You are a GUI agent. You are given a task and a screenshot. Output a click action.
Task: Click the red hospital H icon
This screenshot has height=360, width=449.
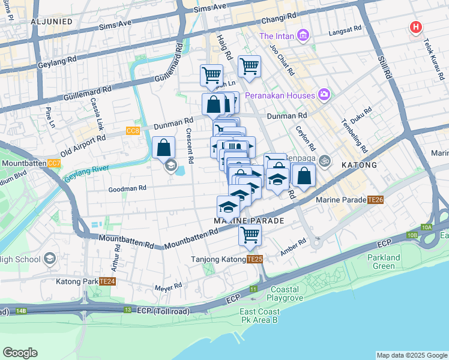[x=415, y=27]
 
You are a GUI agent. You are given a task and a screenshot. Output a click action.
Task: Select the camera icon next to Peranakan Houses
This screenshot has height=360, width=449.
[x=325, y=95]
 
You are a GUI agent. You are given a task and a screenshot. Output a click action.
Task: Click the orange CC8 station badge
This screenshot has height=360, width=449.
[x=133, y=130]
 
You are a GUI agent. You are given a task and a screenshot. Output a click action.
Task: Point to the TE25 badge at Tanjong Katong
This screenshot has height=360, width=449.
[x=255, y=259]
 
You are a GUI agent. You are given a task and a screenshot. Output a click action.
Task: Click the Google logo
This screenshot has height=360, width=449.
[x=20, y=353]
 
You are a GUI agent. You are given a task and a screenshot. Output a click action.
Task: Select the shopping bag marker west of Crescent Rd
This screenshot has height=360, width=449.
[x=164, y=146]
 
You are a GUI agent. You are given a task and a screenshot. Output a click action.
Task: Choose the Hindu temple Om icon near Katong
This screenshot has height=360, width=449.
[x=325, y=160]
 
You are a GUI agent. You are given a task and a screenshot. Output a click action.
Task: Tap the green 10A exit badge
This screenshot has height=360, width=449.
[x=427, y=227]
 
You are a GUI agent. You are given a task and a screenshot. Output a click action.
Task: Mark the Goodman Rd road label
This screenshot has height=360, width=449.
[x=127, y=188]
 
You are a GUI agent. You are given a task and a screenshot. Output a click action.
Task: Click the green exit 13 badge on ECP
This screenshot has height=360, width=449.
[x=127, y=310]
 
